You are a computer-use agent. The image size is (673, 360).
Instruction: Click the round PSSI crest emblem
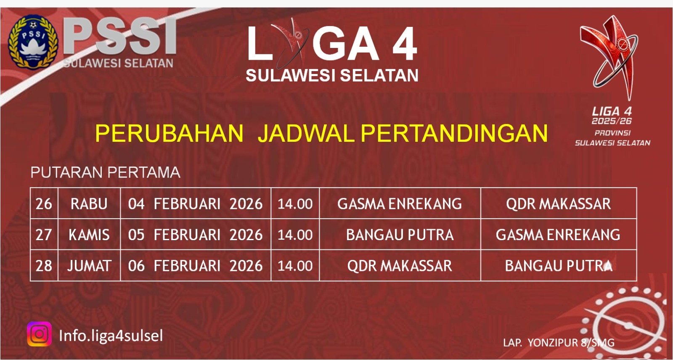(33, 42)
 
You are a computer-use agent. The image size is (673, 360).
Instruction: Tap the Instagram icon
(40, 334)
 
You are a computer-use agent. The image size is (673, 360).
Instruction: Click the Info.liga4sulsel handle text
(111, 335)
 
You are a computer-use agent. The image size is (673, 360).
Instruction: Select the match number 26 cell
(44, 204)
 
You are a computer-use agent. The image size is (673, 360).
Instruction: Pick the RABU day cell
(89, 204)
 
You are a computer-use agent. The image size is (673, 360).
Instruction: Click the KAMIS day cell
(89, 235)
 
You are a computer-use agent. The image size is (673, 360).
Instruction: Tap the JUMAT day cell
(89, 266)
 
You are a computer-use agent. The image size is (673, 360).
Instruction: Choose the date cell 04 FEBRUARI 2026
(195, 204)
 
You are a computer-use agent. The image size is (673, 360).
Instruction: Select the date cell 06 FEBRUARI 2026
(195, 266)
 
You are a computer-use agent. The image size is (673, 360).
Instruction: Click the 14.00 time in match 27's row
(295, 235)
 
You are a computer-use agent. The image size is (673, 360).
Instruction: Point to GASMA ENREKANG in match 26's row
(400, 204)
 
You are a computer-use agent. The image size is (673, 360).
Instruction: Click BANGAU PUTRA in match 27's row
(400, 235)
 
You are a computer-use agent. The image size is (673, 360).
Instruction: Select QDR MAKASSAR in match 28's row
(400, 266)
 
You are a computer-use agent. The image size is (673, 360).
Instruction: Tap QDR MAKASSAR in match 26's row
(558, 204)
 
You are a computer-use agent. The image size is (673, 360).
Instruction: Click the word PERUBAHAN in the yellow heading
(169, 133)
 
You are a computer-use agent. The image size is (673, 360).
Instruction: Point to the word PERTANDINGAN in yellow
(454, 133)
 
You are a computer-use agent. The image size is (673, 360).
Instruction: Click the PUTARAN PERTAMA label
(106, 172)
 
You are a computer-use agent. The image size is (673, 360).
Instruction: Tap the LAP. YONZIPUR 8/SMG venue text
(559, 343)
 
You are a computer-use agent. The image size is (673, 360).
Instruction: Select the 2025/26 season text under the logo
(612, 121)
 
